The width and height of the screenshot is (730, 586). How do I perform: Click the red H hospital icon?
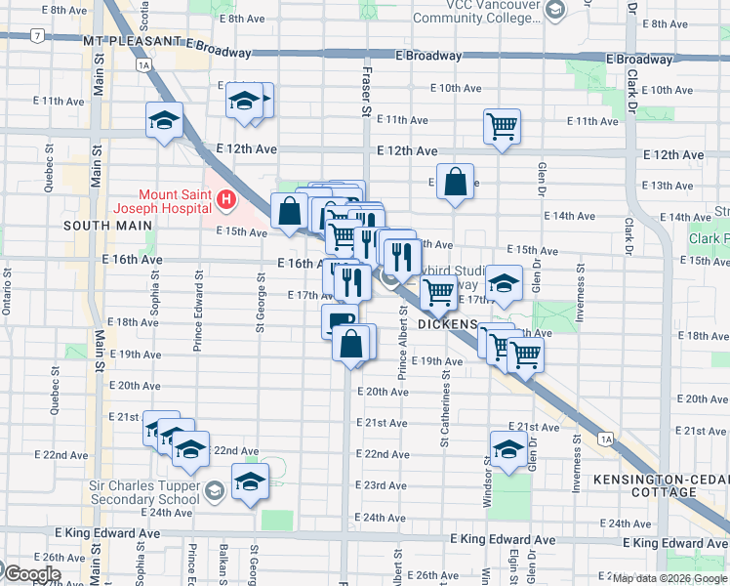click(226, 201)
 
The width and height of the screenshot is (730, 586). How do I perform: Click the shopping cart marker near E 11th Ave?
click(502, 125)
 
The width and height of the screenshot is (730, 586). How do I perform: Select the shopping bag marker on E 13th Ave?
click(455, 182)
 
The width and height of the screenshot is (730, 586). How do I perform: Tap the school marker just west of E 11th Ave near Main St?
click(164, 119)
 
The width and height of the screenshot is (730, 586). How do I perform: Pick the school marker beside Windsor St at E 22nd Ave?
click(508, 448)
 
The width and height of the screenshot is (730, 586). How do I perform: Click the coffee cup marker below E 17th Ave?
click(338, 319)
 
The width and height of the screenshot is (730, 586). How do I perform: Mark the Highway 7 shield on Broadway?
click(36, 37)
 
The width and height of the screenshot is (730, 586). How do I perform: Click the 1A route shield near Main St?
click(144, 65)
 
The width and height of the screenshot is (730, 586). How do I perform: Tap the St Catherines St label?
click(443, 400)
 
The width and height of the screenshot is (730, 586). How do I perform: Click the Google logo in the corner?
click(31, 574)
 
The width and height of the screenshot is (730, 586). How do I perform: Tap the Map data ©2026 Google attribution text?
click(669, 578)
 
